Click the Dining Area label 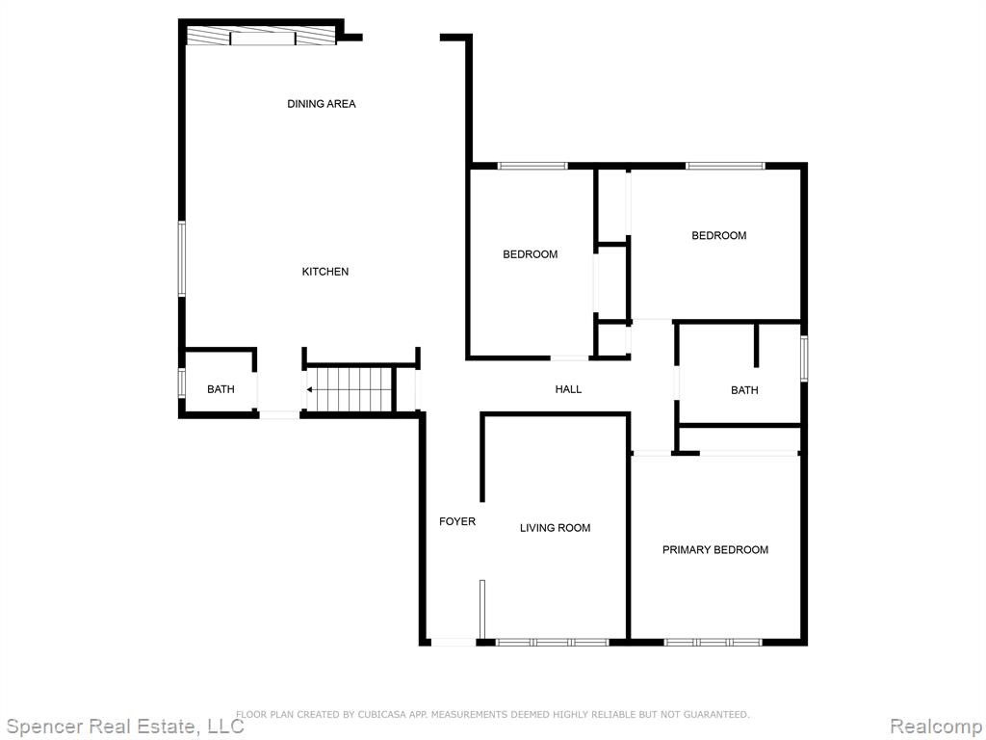click(322, 104)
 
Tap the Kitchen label click(325, 272)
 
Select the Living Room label click(556, 528)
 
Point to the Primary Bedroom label click(715, 550)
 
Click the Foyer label click(457, 521)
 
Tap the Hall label click(568, 389)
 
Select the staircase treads click(350, 390)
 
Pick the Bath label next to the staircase click(221, 389)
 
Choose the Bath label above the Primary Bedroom click(744, 391)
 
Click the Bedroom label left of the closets click(531, 254)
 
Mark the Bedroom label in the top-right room click(718, 236)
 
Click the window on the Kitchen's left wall click(182, 258)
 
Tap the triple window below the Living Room click(552, 643)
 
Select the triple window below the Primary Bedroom click(714, 643)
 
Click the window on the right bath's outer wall click(804, 358)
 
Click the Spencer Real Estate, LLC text click(124, 727)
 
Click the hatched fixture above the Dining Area click(262, 37)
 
